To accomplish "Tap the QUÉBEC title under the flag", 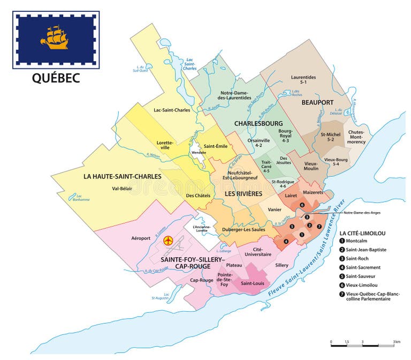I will click(x=56, y=78).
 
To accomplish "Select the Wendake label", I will click(x=199, y=152).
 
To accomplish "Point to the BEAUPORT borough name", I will click(x=317, y=102).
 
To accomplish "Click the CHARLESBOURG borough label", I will click(x=258, y=123).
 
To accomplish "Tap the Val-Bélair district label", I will click(x=123, y=188).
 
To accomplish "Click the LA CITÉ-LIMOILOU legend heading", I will click(x=362, y=233).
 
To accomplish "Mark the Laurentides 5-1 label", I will click(x=303, y=80).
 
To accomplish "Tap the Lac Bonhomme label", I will click(x=81, y=198).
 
